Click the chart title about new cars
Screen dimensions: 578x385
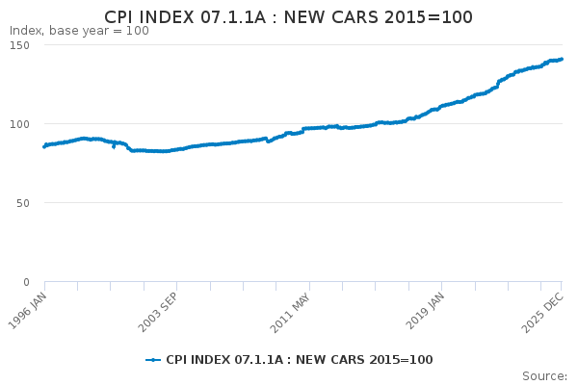pyautogui.click(x=288, y=17)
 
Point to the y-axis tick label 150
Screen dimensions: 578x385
pyautogui.click(x=19, y=45)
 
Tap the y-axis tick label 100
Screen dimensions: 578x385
pyautogui.click(x=19, y=124)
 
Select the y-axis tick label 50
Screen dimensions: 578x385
pyautogui.click(x=23, y=203)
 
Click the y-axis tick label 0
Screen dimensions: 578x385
pyautogui.click(x=26, y=282)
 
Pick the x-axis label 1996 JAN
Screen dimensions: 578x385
pyautogui.click(x=28, y=311)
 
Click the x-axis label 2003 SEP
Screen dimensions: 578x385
pyautogui.click(x=159, y=313)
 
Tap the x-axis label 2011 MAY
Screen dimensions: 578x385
pyautogui.click(x=291, y=313)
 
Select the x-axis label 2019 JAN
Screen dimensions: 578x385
pyautogui.click(x=426, y=311)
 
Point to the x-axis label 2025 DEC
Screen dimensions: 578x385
pyautogui.click(x=543, y=312)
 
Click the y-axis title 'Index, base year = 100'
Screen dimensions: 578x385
pyautogui.click(x=79, y=31)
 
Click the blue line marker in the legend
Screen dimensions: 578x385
pyautogui.click(x=153, y=360)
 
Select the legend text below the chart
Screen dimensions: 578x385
pyautogui.click(x=300, y=360)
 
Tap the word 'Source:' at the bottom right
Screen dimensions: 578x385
pyautogui.click(x=544, y=376)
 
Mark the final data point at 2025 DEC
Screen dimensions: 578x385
pyautogui.click(x=562, y=59)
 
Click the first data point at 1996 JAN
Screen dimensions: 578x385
pyautogui.click(x=44, y=146)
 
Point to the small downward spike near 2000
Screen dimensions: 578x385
pyautogui.click(x=114, y=146)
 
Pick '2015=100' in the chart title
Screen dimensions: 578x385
pyautogui.click(x=429, y=17)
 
